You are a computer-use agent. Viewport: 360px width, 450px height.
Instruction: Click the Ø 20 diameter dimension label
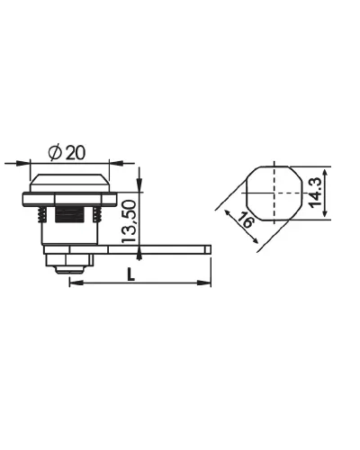[x=67, y=152]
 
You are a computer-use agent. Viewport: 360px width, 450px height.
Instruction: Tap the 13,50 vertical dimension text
[x=129, y=221]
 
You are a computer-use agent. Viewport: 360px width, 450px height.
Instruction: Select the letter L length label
[x=130, y=274]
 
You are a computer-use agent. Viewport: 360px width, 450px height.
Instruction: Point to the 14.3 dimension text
[x=314, y=193]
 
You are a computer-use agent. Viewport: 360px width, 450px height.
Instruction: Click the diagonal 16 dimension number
[x=246, y=220]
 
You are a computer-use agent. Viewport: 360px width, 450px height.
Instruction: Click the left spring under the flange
[x=43, y=214]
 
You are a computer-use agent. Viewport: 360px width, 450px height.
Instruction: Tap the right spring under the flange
[x=96, y=214]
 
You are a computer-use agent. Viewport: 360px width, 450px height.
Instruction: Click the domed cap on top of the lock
[x=69, y=183]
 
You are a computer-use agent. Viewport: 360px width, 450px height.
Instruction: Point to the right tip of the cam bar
[x=211, y=249]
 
